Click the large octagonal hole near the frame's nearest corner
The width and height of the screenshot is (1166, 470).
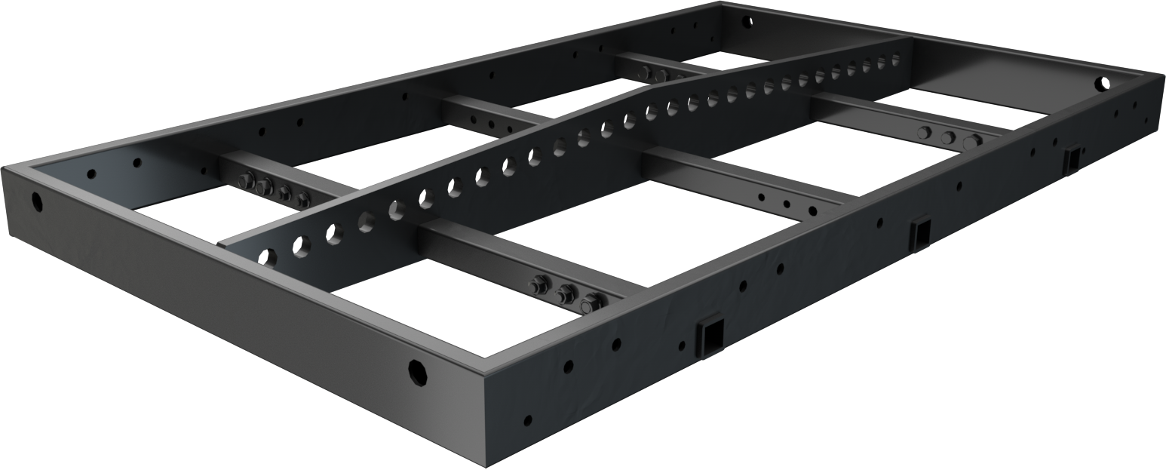coord(417,372)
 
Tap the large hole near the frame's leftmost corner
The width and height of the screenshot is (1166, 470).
coord(36,201)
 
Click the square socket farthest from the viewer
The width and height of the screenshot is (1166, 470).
coord(1071,160)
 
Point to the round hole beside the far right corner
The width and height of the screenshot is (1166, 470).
coord(1104,83)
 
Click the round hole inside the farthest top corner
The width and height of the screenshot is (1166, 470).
coord(747,20)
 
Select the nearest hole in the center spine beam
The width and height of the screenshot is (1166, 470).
coord(266,257)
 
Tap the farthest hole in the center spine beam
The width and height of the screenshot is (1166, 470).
coord(896,57)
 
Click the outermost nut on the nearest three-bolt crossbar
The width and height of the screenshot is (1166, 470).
coord(591,302)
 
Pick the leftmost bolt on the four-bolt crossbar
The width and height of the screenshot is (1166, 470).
coord(246,180)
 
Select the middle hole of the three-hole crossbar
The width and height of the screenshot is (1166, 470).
coord(787,204)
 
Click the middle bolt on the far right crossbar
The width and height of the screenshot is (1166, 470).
coord(948,137)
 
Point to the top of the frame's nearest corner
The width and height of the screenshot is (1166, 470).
coord(483,372)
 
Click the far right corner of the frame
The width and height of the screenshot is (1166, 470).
coord(1162,74)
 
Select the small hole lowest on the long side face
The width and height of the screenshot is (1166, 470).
coord(528,420)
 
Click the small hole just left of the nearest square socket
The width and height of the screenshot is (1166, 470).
coord(682,346)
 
